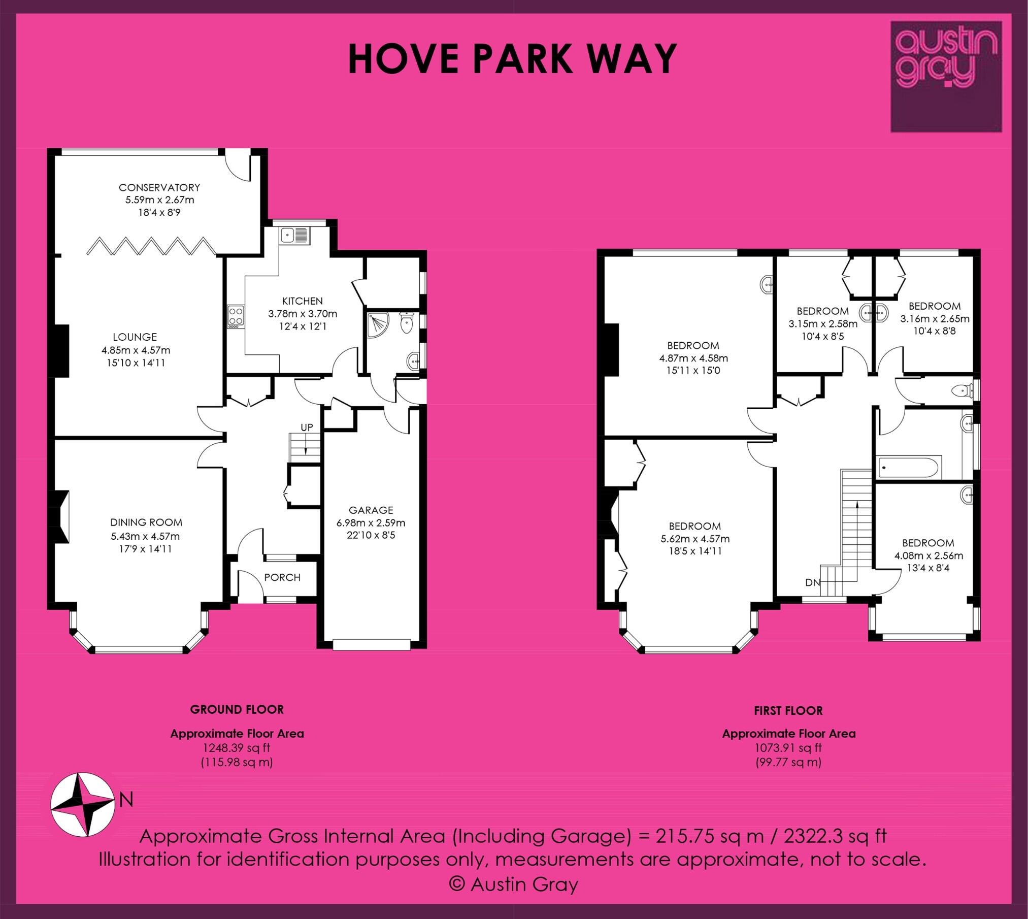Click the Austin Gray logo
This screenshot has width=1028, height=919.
click(x=946, y=76)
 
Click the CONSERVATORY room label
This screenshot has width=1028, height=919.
click(x=159, y=187)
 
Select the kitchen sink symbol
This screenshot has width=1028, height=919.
click(x=295, y=236)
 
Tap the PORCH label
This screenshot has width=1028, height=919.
click(x=282, y=577)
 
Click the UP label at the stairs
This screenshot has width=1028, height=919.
click(x=307, y=427)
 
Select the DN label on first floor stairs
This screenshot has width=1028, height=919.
click(x=812, y=582)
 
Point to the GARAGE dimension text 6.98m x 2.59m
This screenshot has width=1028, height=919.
click(x=371, y=522)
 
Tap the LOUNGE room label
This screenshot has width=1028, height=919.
click(x=135, y=337)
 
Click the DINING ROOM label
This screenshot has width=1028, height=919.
click(x=146, y=522)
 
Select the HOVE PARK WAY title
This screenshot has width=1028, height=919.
click(x=513, y=59)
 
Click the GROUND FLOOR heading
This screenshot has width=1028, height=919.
click(x=237, y=709)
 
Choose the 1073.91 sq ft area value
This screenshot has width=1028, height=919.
click(x=788, y=747)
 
